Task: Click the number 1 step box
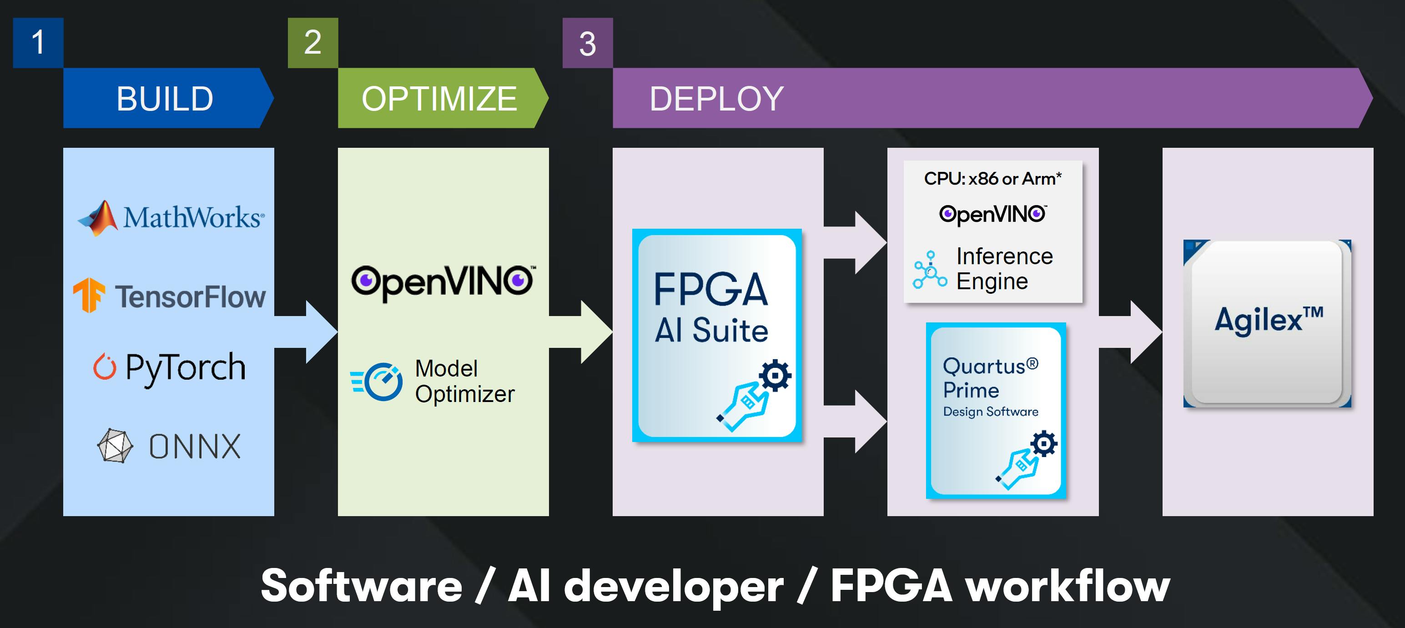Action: tap(38, 43)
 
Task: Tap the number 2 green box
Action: tap(312, 43)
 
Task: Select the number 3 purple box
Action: tap(587, 43)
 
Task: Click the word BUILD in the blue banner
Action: tap(165, 99)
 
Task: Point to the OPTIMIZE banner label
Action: tap(439, 99)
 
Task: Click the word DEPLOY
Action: tap(716, 99)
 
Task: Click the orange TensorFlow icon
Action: tap(89, 295)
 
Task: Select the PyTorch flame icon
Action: tap(104, 367)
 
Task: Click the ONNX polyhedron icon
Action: tap(115, 446)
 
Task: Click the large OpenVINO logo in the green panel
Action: tap(443, 282)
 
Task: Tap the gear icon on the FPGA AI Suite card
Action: tap(775, 376)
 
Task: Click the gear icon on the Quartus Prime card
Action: tap(1043, 444)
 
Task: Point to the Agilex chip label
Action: tap(1269, 319)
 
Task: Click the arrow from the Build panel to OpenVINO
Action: tap(308, 332)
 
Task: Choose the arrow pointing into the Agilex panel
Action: tap(1132, 332)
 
